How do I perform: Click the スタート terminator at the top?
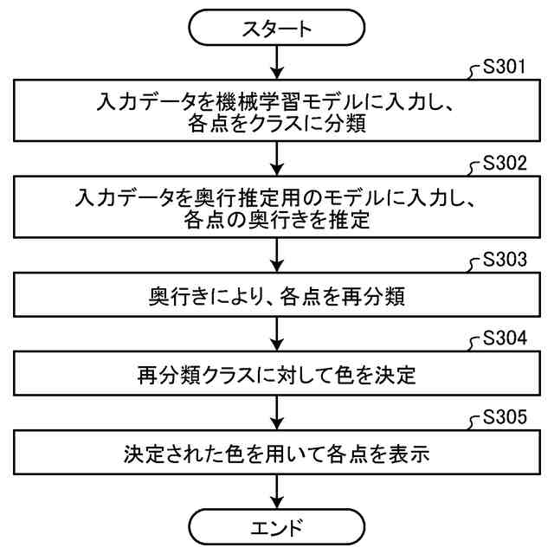point(276,29)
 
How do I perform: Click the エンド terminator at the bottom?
point(276,525)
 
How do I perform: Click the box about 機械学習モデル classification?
point(276,113)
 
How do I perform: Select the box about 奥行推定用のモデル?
point(276,209)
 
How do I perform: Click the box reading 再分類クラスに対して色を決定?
point(276,376)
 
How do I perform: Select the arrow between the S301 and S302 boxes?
point(276,160)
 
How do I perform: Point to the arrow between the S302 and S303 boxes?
point(276,256)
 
